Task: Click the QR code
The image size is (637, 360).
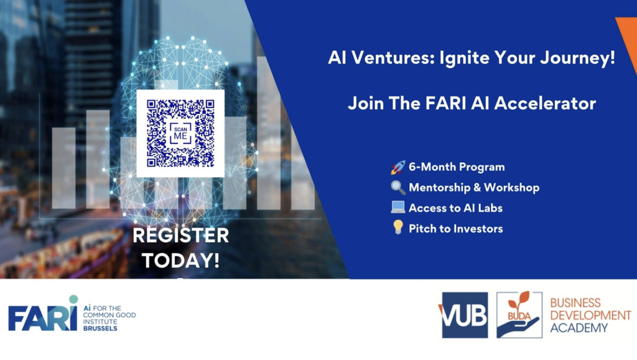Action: [x=180, y=133]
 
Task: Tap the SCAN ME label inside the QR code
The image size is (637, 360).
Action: [x=180, y=132]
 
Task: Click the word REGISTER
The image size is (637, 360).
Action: [x=180, y=236]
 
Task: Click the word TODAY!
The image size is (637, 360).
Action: [x=180, y=260]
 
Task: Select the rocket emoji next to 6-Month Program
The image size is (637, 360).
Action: [x=398, y=167]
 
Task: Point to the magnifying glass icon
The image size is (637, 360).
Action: [x=398, y=187]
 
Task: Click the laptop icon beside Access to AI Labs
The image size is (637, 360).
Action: [x=398, y=208]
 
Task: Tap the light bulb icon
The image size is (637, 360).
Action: [x=398, y=228]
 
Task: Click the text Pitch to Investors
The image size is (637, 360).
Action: [x=455, y=229]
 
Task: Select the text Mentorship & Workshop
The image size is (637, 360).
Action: [x=473, y=187]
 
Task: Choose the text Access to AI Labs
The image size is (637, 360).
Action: [x=455, y=208]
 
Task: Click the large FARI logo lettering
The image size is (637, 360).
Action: [x=42, y=318]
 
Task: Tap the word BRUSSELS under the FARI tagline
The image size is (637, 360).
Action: [x=100, y=328]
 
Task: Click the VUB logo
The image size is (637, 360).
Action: [x=465, y=315]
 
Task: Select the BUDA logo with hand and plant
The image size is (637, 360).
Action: [x=519, y=315]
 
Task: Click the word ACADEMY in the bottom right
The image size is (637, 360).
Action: [x=579, y=328]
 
